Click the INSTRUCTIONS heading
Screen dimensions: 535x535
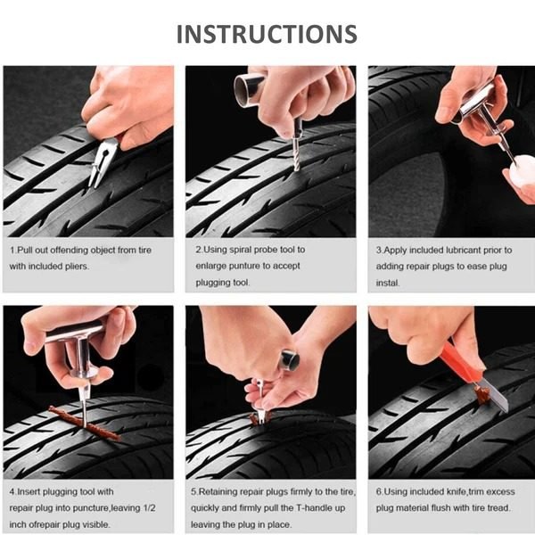[267, 34]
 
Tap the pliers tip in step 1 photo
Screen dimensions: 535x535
[93, 185]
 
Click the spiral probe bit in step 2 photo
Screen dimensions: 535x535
[296, 154]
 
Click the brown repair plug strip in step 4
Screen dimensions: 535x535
[85, 423]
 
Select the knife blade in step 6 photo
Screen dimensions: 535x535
[496, 395]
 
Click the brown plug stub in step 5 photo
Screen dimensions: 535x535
[259, 417]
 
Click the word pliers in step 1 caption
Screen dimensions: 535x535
[77, 266]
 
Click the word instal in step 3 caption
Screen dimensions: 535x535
[387, 283]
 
